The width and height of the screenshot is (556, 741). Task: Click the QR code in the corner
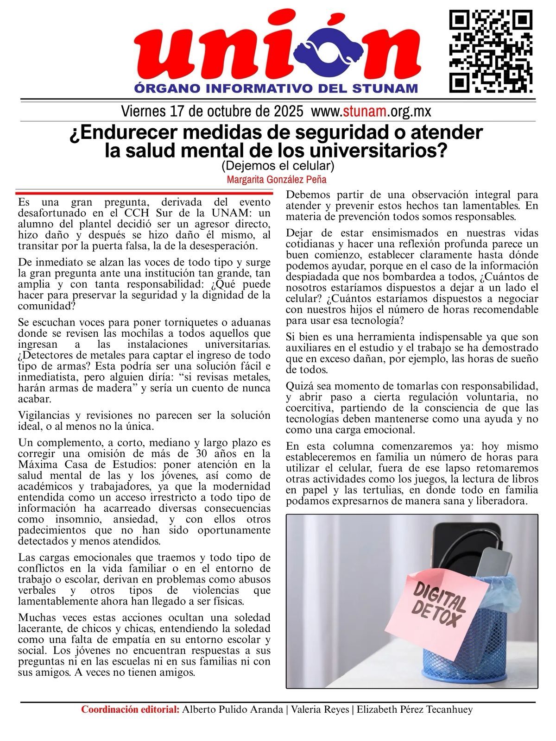tap(491, 51)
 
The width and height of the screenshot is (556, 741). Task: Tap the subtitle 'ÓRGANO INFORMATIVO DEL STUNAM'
tap(276, 88)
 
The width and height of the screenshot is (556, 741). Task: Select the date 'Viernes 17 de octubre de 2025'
tap(212, 112)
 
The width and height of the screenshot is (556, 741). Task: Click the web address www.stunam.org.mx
tap(371, 112)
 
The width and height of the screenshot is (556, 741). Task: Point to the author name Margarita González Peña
tap(277, 179)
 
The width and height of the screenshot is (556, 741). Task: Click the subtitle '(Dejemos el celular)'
tap(278, 165)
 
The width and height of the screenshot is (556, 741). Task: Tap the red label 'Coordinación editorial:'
tap(130, 710)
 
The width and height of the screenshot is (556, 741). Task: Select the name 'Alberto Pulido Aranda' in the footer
tap(233, 710)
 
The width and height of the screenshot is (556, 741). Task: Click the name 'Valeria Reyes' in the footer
tap(320, 710)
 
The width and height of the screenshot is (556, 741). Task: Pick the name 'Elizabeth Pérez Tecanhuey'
tap(415, 710)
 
